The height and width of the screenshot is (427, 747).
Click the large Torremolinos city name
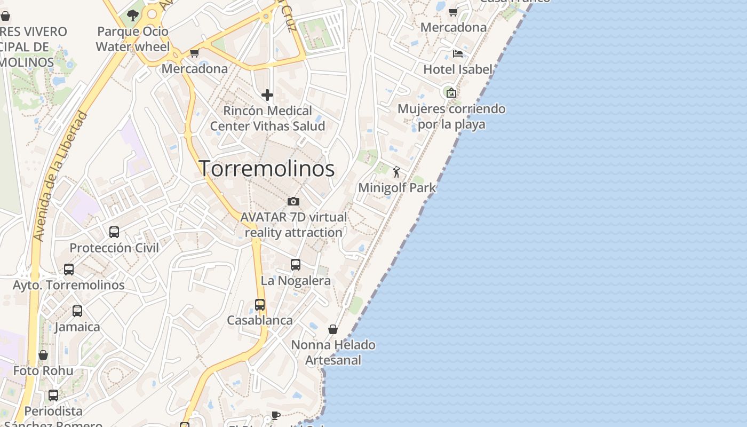(x=267, y=169)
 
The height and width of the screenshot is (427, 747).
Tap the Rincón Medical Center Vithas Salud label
(x=267, y=118)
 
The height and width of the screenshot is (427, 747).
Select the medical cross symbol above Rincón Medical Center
(x=267, y=96)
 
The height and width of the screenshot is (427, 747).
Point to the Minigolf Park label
(x=397, y=188)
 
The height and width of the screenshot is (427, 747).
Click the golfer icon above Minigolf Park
(x=396, y=172)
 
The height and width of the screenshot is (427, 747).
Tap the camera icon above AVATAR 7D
(x=293, y=201)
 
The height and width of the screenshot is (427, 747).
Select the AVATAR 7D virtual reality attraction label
(x=293, y=225)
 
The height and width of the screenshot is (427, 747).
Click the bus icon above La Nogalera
(x=296, y=264)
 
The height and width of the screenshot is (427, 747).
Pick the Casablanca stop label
(x=260, y=320)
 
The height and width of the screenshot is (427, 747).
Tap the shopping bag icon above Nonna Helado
(x=333, y=329)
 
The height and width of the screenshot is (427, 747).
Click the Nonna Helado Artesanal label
(x=333, y=352)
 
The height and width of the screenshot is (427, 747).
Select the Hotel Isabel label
(x=457, y=69)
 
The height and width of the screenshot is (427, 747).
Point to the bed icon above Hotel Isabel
(x=457, y=53)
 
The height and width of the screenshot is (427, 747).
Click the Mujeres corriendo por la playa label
(x=451, y=116)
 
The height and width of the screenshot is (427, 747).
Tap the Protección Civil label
(x=114, y=248)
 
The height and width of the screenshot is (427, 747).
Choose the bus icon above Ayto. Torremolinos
(x=69, y=269)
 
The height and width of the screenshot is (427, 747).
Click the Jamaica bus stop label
(x=77, y=327)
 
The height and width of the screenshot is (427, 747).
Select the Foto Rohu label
(x=43, y=370)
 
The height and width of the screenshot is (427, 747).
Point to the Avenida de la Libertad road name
(x=59, y=176)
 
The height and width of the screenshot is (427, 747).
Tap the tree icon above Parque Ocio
(x=132, y=15)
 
